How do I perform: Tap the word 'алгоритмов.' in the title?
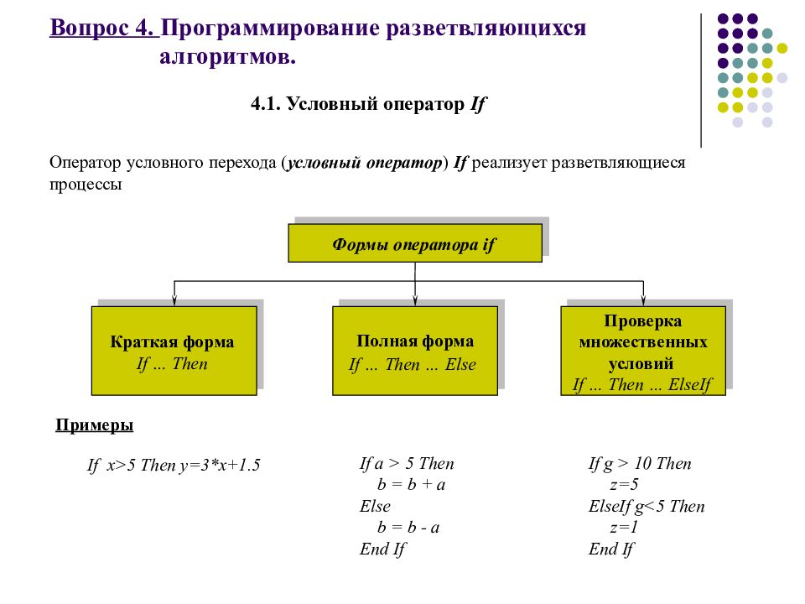227,56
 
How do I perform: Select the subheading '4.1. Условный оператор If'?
367,104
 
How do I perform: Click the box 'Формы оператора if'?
415,243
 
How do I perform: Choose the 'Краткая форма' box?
174,351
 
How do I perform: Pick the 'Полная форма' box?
415,351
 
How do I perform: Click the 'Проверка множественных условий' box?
643,351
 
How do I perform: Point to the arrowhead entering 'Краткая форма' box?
174,301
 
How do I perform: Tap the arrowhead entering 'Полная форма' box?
415,301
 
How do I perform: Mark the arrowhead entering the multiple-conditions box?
643,301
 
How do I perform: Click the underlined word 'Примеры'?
95,425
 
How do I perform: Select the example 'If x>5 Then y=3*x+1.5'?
174,465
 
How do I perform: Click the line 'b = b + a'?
411,484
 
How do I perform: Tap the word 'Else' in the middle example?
375,506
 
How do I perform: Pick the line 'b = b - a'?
408,528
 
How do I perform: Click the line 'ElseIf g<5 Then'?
647,507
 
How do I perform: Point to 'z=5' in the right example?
624,484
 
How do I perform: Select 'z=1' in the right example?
624,528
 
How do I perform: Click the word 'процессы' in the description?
86,185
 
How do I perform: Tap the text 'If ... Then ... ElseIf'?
643,385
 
